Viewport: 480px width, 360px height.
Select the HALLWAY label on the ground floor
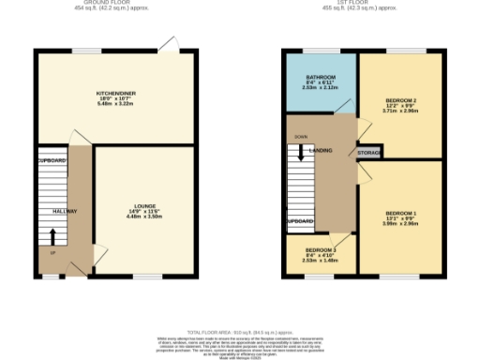(x=65, y=211)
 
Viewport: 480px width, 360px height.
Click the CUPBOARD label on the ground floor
(x=52, y=161)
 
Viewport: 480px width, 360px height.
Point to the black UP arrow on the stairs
(x=52, y=253)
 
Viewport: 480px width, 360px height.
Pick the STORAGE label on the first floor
(x=368, y=151)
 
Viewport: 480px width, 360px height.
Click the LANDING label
(x=322, y=150)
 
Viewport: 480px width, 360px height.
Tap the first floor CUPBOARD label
(x=300, y=222)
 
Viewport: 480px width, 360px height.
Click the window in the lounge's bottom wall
(x=146, y=277)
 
